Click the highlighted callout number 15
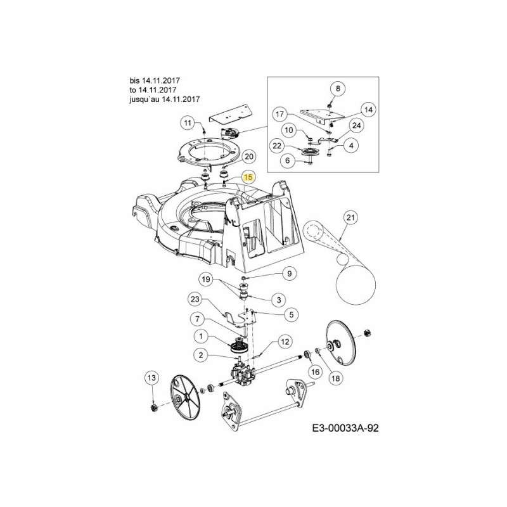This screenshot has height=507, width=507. click(x=248, y=178)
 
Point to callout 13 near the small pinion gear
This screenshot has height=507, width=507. click(x=151, y=378)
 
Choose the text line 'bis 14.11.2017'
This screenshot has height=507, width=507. click(x=154, y=80)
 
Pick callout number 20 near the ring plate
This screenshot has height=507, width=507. click(x=248, y=157)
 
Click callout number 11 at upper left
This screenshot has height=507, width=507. click(x=188, y=122)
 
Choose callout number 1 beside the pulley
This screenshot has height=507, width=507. click(x=201, y=336)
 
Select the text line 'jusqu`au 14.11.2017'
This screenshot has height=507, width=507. click(x=164, y=99)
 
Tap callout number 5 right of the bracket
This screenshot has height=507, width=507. click(x=292, y=313)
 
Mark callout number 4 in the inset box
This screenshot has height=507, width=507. click(x=350, y=146)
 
